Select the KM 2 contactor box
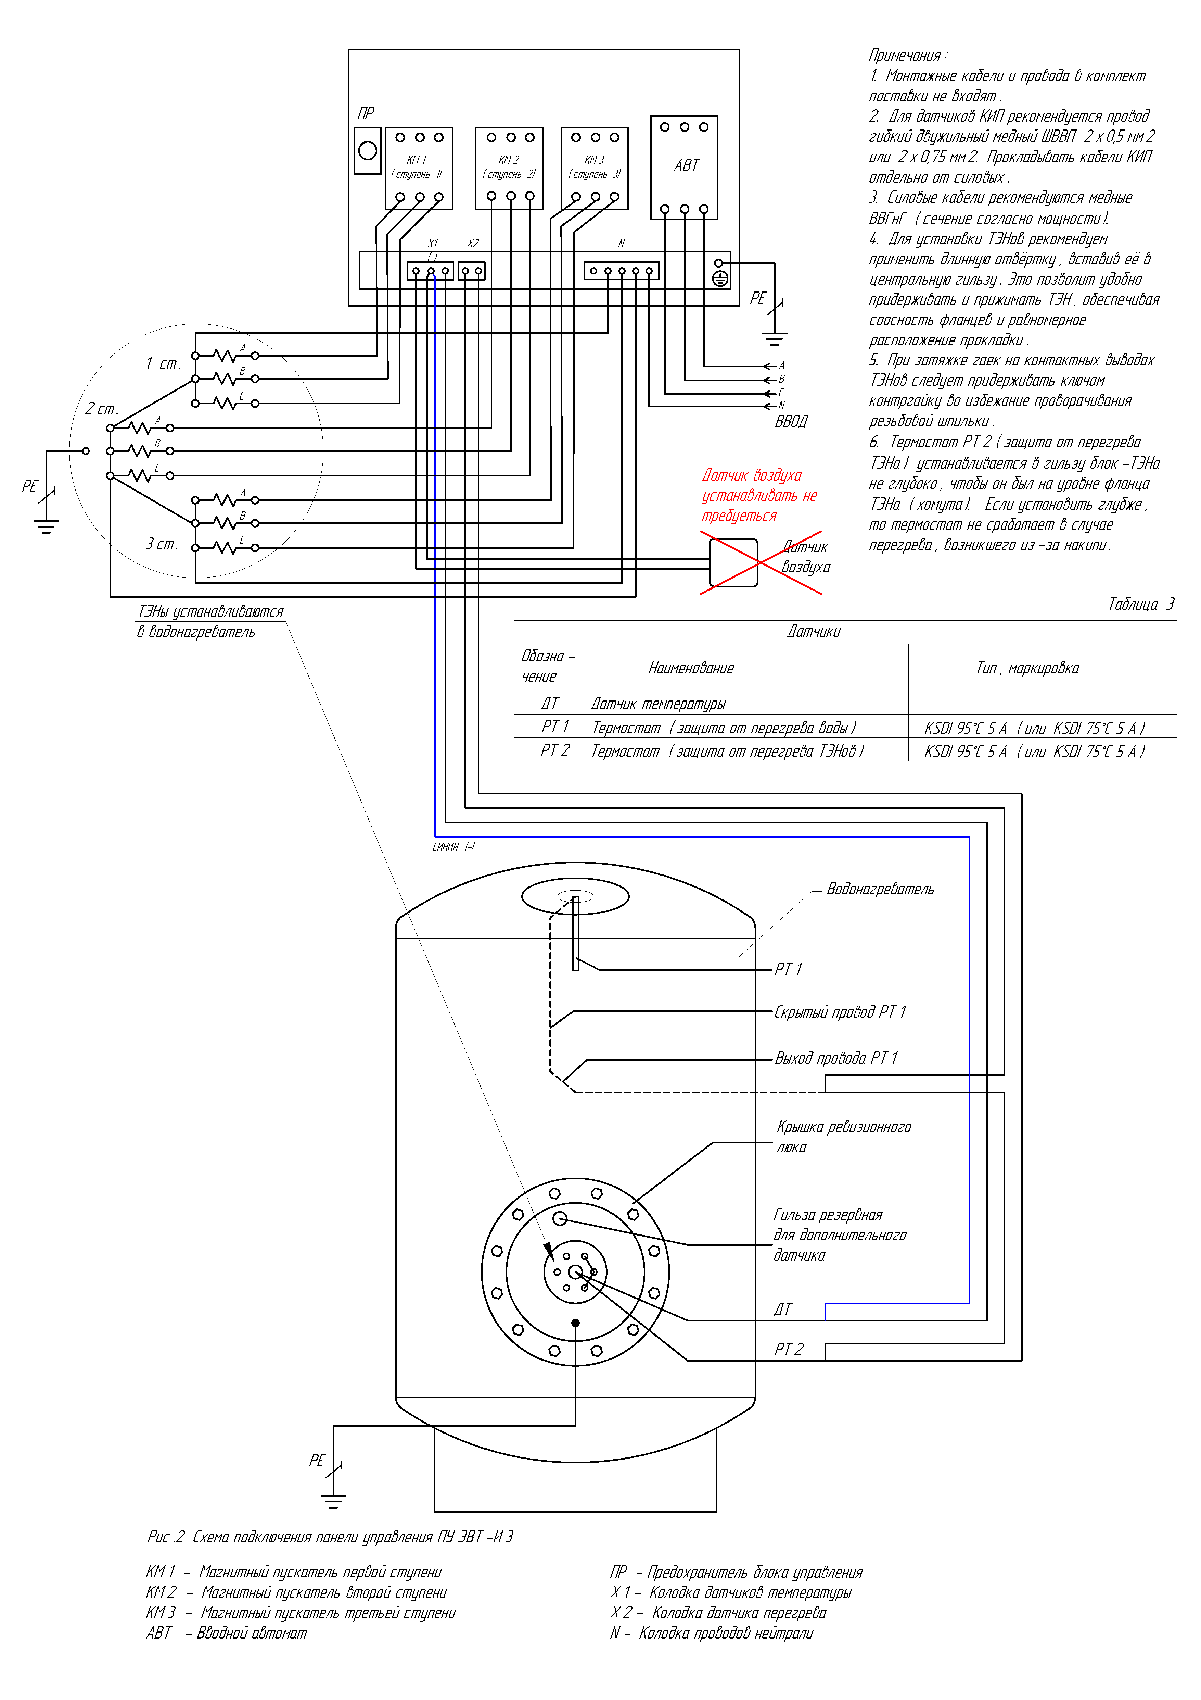509,168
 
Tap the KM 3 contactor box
595,168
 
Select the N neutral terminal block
622,271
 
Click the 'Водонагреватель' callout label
880,889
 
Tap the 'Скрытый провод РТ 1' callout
840,1012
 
